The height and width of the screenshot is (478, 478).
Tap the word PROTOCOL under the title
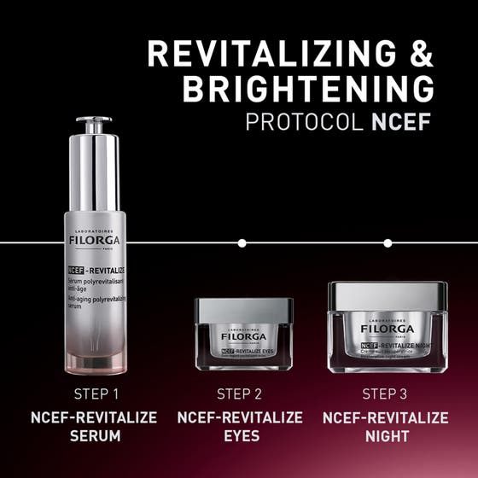click(305, 122)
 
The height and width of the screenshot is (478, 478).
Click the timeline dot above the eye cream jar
click(242, 243)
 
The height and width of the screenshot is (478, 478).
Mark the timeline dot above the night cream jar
click(388, 243)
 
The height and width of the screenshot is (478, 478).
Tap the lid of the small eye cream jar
click(243, 309)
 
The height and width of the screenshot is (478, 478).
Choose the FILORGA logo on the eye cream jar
click(243, 337)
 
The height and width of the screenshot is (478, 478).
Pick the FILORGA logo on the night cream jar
click(387, 329)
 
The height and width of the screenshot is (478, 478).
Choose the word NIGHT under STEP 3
click(386, 436)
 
